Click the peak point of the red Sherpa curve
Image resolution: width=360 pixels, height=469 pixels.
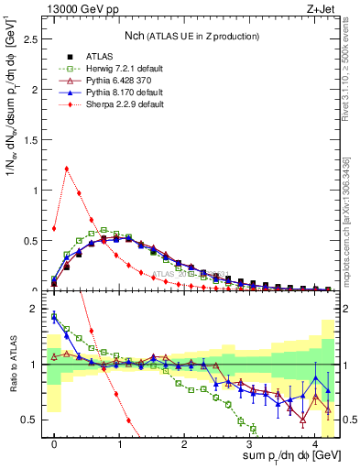tap(67, 168)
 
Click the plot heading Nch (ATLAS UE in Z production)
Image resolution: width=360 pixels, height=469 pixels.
tap(191, 36)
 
